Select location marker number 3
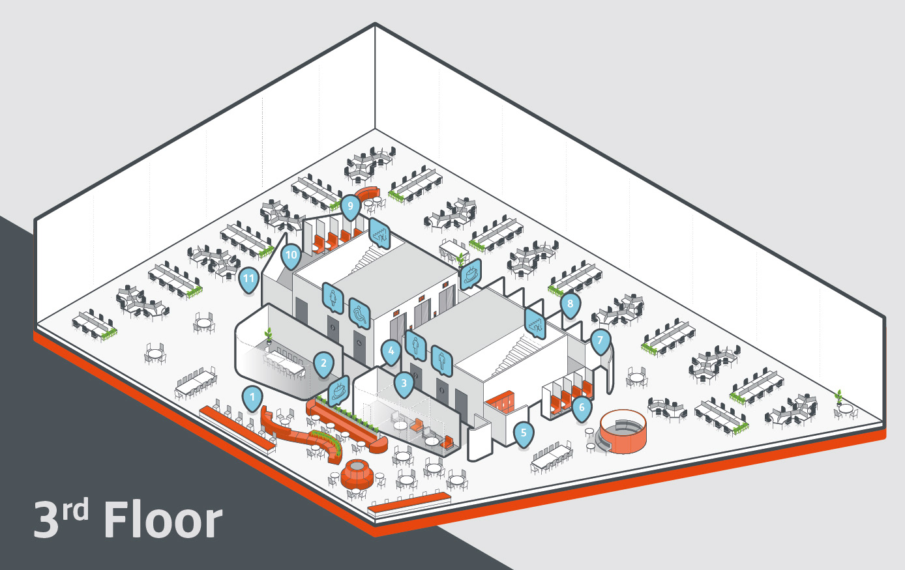pyautogui.click(x=404, y=383)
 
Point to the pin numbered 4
pyautogui.click(x=391, y=352)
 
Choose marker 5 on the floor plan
pyautogui.click(x=523, y=433)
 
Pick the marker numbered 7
pyautogui.click(x=600, y=339)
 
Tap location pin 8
pyautogui.click(x=571, y=304)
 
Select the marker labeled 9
pyautogui.click(x=350, y=206)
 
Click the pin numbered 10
pyautogui.click(x=291, y=255)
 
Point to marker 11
pyautogui.click(x=248, y=279)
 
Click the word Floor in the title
pyautogui.click(x=163, y=520)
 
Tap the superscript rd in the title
pyautogui.click(x=75, y=510)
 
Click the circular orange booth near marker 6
pyautogui.click(x=623, y=431)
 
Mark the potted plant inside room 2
pyautogui.click(x=268, y=336)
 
